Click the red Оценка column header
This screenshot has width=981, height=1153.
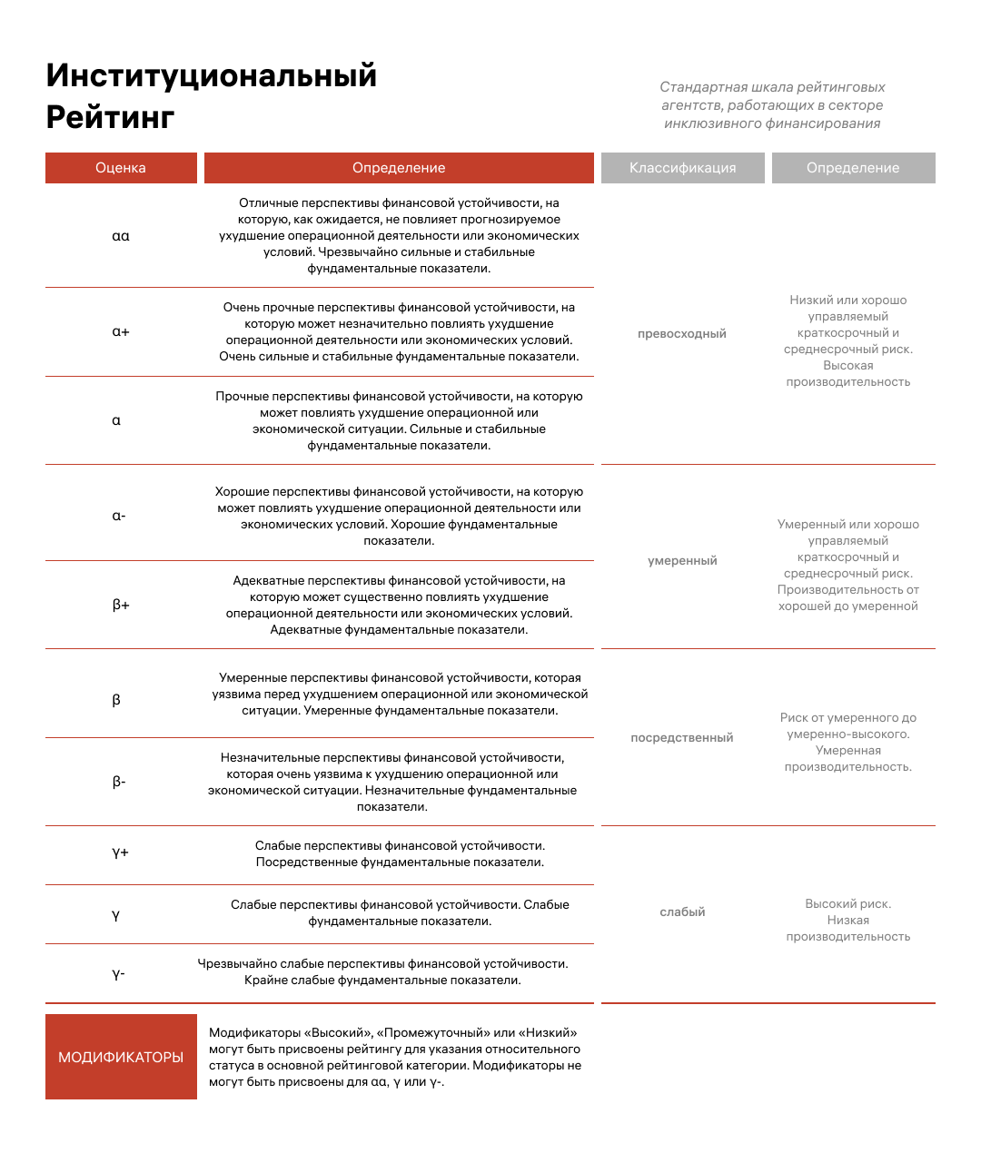(x=121, y=168)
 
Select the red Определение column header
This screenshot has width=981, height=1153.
(x=399, y=168)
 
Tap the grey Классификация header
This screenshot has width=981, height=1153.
(x=682, y=168)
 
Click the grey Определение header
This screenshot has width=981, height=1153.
(x=853, y=168)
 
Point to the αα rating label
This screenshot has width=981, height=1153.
(x=121, y=236)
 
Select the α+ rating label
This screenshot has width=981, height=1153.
(x=121, y=331)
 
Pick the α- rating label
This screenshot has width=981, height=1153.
(x=119, y=516)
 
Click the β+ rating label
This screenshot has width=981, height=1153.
(x=121, y=605)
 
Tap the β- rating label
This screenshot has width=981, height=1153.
(x=119, y=782)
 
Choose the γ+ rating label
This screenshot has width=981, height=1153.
(x=120, y=852)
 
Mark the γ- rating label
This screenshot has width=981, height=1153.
(x=119, y=974)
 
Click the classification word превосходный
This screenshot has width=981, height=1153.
(x=682, y=334)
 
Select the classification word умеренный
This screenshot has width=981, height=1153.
(x=682, y=561)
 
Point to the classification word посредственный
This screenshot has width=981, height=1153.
(x=682, y=738)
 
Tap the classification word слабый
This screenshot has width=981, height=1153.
(x=682, y=912)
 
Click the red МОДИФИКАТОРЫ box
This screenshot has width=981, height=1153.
(x=121, y=1057)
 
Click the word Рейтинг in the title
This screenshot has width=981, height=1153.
(x=111, y=117)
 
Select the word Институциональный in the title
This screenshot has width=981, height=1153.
(x=212, y=75)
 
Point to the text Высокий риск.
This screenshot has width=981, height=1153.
(x=847, y=904)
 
